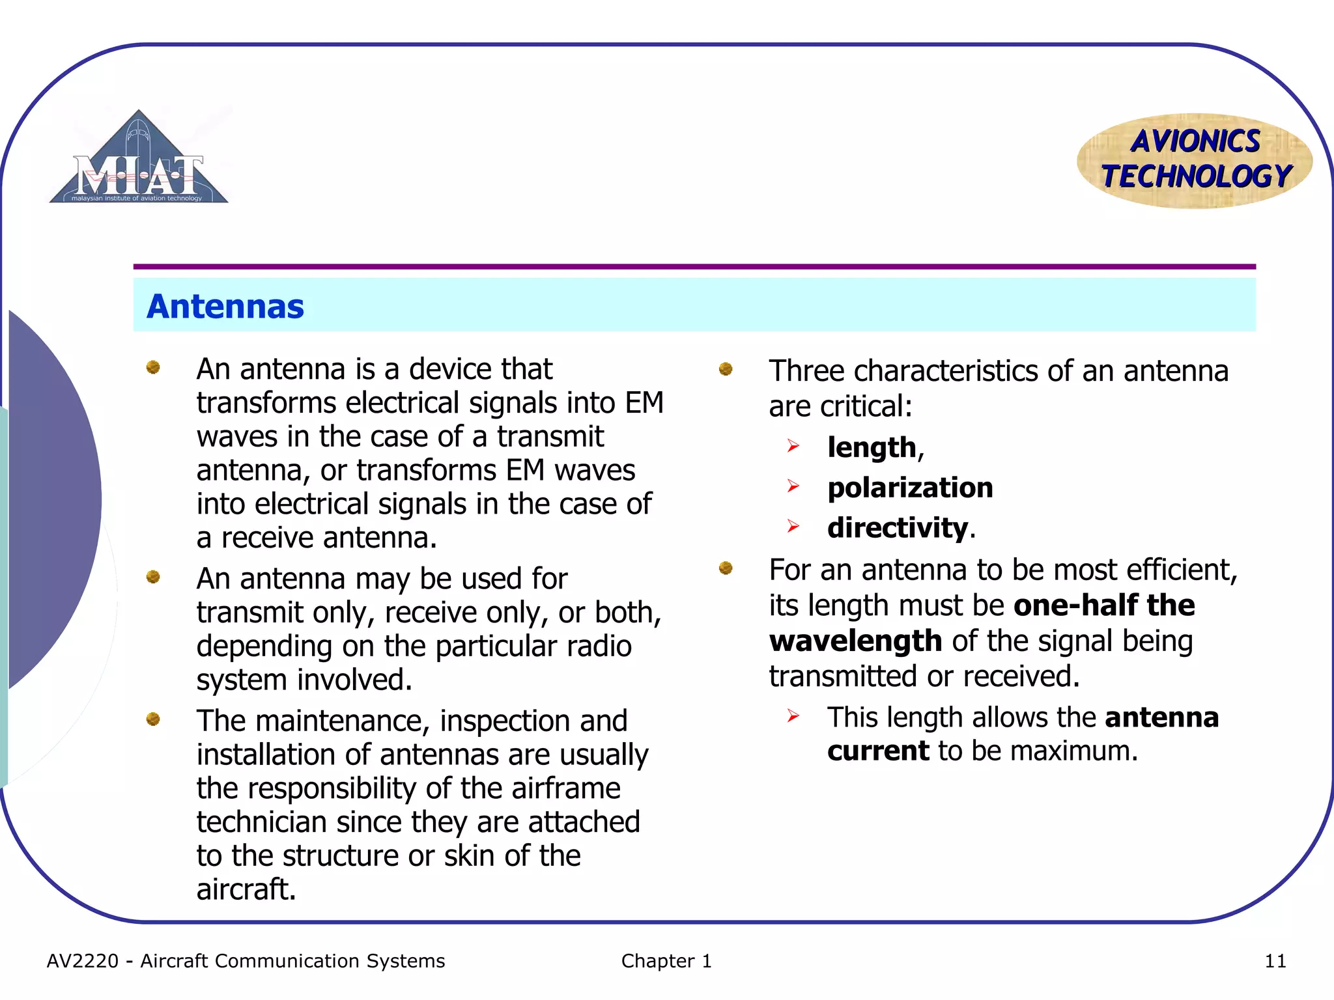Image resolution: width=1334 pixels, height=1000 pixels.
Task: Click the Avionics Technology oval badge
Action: (1195, 160)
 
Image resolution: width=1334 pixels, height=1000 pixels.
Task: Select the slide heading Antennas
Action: (225, 306)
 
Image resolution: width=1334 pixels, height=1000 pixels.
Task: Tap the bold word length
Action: (872, 448)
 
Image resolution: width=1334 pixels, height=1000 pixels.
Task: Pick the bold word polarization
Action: (910, 488)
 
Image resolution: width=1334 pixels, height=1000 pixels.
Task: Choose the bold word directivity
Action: (898, 527)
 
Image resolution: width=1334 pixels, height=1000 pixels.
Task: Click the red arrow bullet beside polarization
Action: (793, 486)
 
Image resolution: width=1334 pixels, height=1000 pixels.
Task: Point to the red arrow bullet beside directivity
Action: (793, 525)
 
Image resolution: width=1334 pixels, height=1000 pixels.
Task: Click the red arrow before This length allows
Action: (793, 716)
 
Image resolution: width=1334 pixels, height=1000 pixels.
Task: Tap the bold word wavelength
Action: (855, 641)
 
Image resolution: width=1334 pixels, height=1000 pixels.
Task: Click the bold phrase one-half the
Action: (1104, 605)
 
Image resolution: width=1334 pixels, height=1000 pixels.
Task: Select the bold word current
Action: (877, 751)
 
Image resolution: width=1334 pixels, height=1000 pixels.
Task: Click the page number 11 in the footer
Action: (1275, 961)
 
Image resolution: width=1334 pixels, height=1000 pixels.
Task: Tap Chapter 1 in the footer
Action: (666, 961)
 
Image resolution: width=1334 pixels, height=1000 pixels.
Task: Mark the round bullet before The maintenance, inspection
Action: (153, 719)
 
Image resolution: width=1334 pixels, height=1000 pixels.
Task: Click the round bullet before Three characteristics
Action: (726, 369)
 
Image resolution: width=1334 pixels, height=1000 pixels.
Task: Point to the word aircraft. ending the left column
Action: (246, 889)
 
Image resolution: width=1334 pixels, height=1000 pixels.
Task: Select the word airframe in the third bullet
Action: (565, 788)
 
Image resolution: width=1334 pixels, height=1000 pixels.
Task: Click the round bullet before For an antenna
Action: (726, 568)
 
